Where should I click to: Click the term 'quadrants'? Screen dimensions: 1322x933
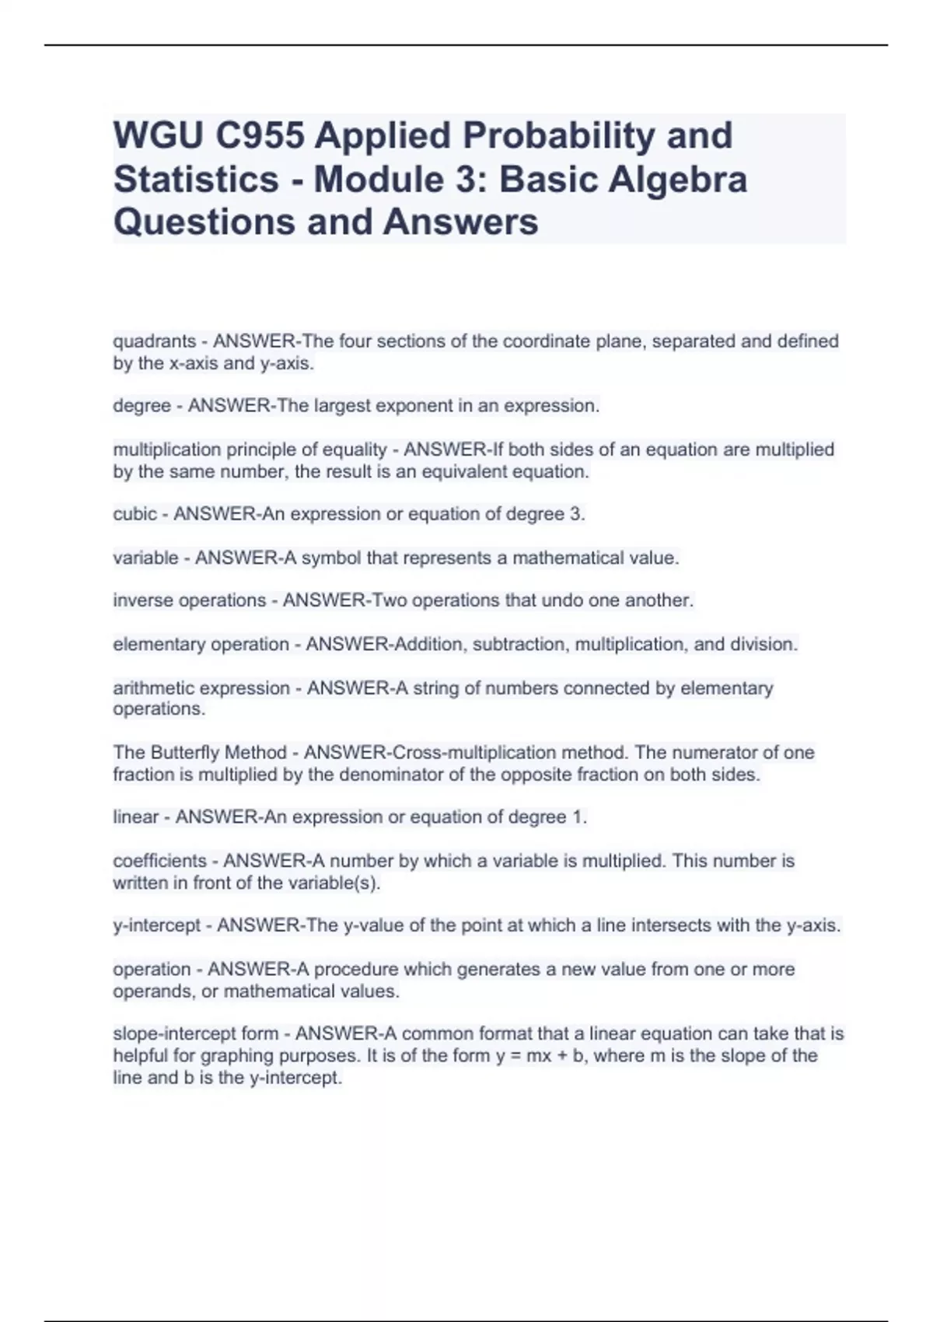point(154,341)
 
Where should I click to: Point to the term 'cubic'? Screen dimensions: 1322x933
point(135,514)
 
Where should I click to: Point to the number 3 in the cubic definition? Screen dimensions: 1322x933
point(577,514)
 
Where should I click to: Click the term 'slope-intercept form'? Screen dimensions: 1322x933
point(195,1034)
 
